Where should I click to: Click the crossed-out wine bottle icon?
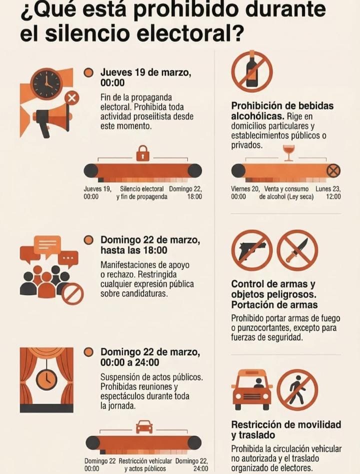coord(252,71)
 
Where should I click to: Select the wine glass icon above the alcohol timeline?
coord(288,153)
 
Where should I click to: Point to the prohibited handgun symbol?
coord(252,250)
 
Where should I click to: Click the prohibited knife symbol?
coord(297,250)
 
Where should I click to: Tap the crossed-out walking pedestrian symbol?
coord(297,390)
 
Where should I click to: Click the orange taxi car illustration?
coord(252,390)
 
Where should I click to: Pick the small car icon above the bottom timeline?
coord(144,427)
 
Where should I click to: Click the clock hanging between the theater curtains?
coord(46,379)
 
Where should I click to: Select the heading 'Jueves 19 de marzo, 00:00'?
coord(145,77)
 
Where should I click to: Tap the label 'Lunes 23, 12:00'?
coord(328,192)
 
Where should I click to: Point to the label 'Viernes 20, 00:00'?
coord(245,192)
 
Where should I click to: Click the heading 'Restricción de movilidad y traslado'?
coord(286,429)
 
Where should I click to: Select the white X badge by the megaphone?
coord(71,98)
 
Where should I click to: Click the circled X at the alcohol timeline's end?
coord(333,170)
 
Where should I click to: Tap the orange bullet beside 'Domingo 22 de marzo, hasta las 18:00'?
coord(88,240)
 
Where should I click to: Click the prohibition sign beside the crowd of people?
coord(73,294)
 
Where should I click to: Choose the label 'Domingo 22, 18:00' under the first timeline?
coord(185,192)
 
